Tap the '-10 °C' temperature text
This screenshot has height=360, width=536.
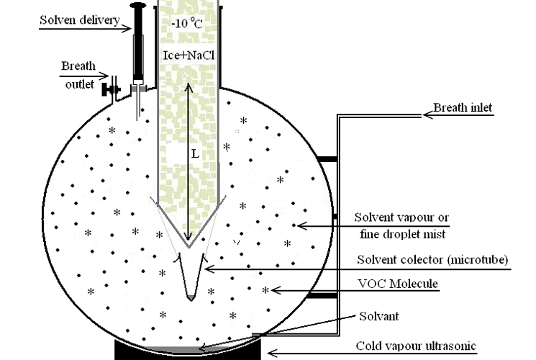pos(186,23)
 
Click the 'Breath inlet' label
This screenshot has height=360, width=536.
pos(461,109)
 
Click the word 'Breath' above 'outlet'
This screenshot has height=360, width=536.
pos(78,66)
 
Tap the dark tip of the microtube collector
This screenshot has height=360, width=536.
pos(190,297)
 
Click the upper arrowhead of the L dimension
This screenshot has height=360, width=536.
pos(188,86)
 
